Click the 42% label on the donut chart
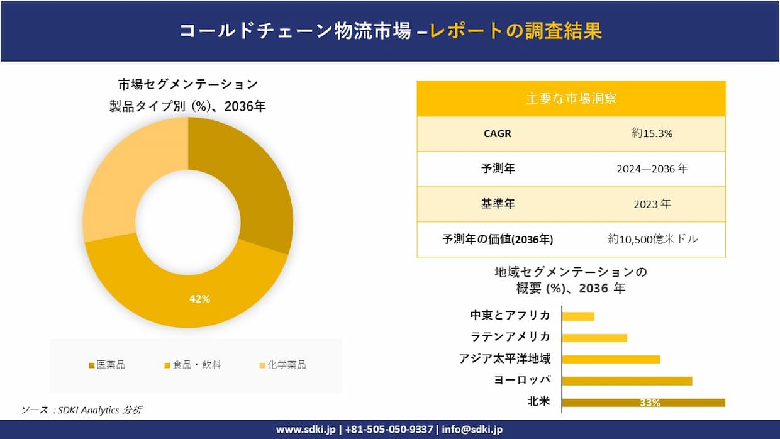click(x=199, y=299)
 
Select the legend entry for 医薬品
click(x=106, y=365)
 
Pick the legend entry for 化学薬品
click(x=282, y=365)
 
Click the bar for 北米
click(x=643, y=403)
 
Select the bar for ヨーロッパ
click(x=627, y=381)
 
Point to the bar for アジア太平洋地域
click(x=610, y=359)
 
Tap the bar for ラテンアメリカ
click(x=594, y=338)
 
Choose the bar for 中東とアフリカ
click(x=577, y=316)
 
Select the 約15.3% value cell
click(x=652, y=133)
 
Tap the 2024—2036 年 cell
click(x=652, y=169)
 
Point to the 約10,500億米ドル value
click(x=652, y=239)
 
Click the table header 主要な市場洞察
click(x=571, y=99)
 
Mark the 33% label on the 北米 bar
click(x=650, y=403)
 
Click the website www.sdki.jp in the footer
click(x=305, y=430)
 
